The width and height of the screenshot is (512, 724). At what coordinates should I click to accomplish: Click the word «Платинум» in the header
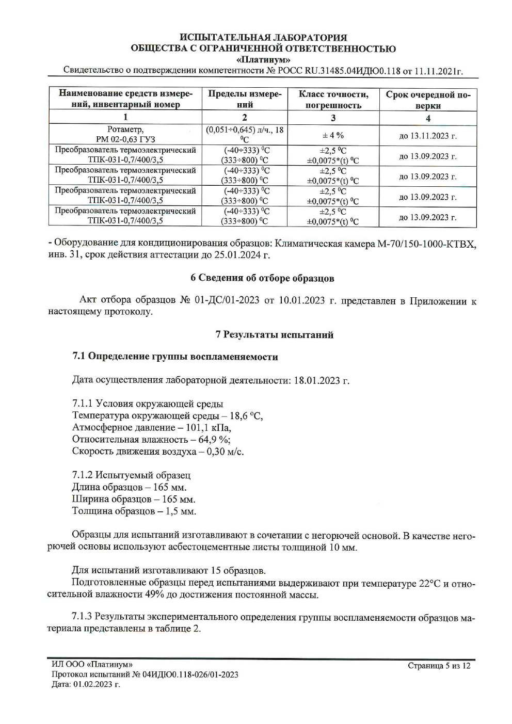pyautogui.click(x=263, y=59)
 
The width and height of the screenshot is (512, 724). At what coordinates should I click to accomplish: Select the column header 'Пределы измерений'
pyautogui.click(x=245, y=99)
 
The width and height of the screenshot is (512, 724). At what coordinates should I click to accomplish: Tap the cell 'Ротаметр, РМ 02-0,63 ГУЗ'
pyautogui.click(x=125, y=134)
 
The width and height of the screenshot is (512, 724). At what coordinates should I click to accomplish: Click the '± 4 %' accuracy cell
pyautogui.click(x=333, y=135)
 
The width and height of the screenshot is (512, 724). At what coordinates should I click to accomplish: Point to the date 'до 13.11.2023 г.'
pyautogui.click(x=428, y=136)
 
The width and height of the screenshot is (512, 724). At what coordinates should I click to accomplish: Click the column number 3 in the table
pyautogui.click(x=333, y=118)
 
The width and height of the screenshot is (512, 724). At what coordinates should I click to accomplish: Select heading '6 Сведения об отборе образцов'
pyautogui.click(x=262, y=278)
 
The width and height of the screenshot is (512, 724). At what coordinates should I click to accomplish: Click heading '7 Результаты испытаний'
pyautogui.click(x=274, y=335)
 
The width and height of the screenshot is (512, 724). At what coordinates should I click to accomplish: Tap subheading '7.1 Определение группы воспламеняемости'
pyautogui.click(x=175, y=357)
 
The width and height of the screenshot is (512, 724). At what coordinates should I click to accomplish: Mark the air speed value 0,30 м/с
pyautogui.click(x=225, y=452)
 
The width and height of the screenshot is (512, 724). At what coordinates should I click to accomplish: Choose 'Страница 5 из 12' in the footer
pyautogui.click(x=439, y=666)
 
